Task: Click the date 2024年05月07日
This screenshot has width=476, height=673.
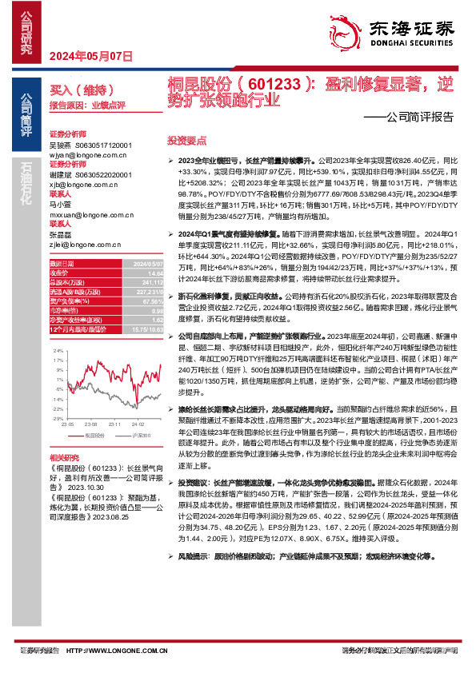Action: tap(90, 56)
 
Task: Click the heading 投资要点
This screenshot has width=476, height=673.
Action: tap(186, 139)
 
